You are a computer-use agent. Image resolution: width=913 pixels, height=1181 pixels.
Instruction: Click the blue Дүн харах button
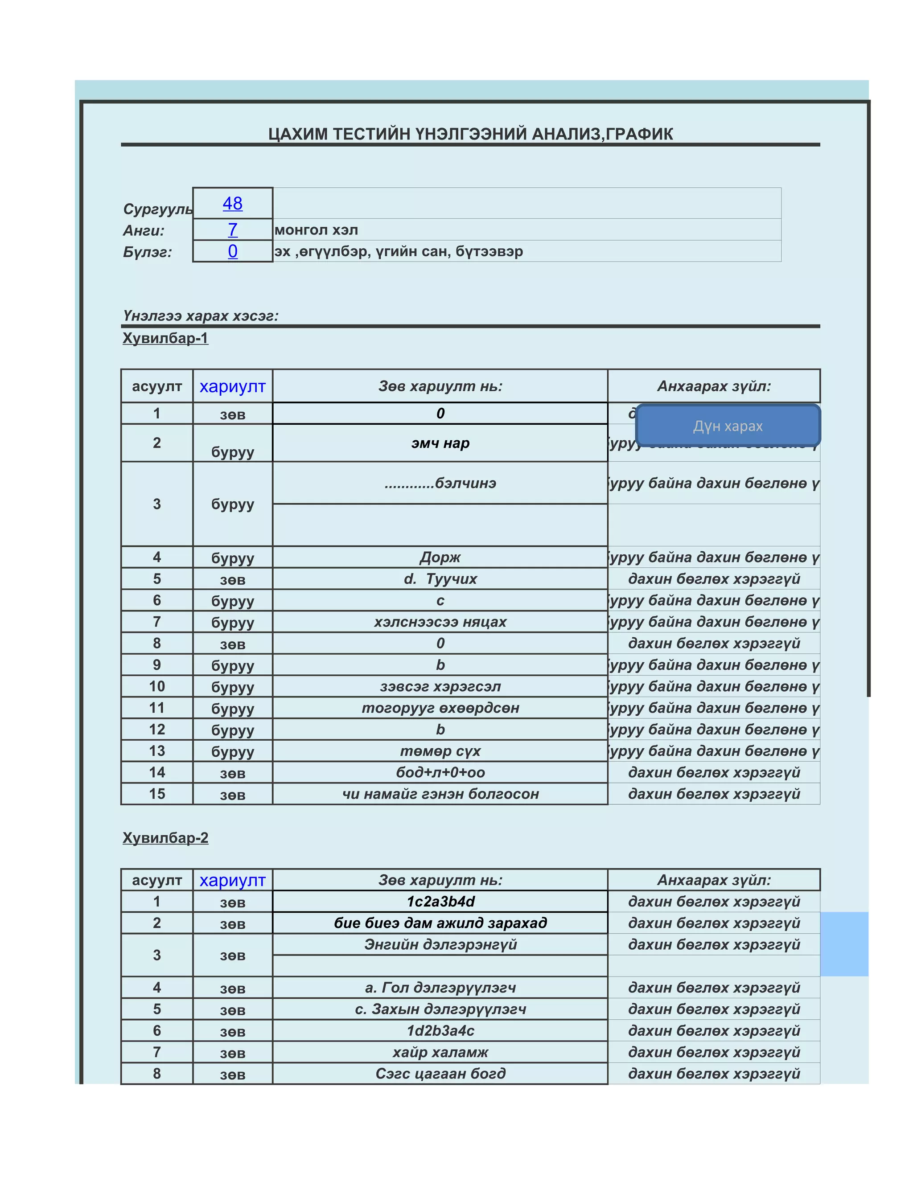728,426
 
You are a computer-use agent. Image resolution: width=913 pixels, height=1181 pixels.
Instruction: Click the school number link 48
233,203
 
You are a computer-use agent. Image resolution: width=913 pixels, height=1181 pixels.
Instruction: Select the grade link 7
233,230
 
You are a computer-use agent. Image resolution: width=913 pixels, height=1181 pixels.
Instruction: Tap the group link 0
233,251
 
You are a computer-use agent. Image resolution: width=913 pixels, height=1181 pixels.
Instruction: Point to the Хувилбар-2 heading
165,838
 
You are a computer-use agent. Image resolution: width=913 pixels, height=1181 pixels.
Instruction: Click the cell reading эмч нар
440,443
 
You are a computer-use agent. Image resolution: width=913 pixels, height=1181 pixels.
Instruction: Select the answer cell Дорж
440,557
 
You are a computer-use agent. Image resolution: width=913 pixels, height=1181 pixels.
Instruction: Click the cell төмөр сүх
440,751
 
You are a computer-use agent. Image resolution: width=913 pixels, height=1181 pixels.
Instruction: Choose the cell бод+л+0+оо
440,772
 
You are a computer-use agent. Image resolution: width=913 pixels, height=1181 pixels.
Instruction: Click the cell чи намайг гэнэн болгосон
440,794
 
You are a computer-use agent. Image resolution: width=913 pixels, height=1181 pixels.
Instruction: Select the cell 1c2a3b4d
440,902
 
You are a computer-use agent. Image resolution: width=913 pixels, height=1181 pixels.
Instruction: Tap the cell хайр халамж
440,1052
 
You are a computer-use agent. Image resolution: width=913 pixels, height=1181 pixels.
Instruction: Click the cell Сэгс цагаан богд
440,1074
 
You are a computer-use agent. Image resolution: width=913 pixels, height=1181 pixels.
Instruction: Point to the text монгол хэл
317,230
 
